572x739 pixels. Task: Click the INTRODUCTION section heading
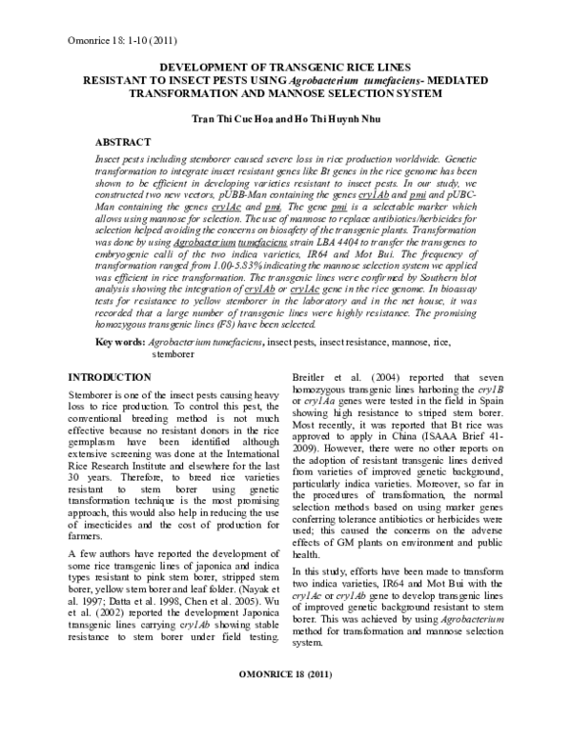pos(111,351)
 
